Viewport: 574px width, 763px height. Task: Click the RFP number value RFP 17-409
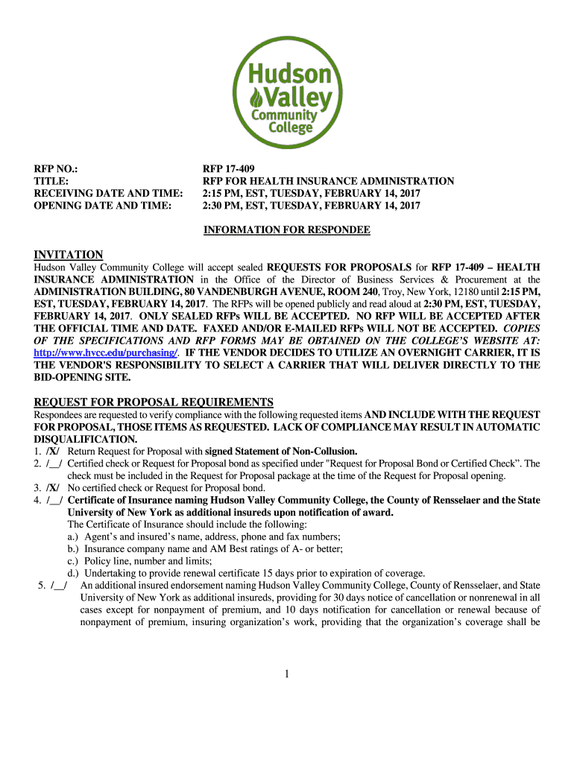[x=234, y=169]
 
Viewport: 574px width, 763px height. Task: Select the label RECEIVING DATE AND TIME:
[x=109, y=194]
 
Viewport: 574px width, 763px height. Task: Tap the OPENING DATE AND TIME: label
[x=103, y=206]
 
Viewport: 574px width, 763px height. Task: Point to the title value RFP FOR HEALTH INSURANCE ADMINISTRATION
[x=329, y=181]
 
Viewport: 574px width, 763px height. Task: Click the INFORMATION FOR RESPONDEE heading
[x=287, y=230]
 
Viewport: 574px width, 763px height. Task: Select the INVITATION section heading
[x=69, y=255]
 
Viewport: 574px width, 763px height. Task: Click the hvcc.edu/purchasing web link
[x=106, y=352]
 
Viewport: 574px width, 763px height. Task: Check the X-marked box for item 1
[x=53, y=452]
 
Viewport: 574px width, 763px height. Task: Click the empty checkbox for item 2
[x=53, y=463]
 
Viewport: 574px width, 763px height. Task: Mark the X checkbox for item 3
[x=53, y=488]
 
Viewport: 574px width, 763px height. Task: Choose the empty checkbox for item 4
[x=53, y=500]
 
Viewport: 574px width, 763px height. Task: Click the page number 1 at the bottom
[x=287, y=674]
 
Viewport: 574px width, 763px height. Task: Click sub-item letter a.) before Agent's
[x=73, y=536]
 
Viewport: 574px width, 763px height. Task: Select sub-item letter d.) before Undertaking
[x=73, y=573]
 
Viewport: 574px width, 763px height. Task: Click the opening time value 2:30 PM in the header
[x=224, y=206]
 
